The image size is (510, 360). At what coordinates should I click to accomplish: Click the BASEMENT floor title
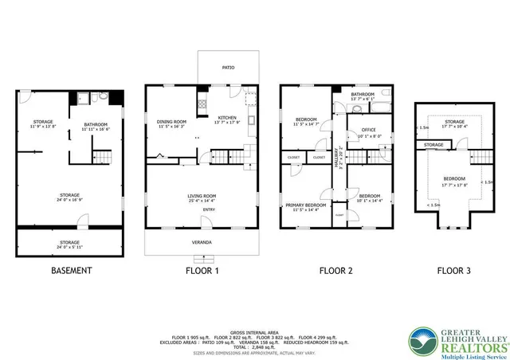click(x=72, y=271)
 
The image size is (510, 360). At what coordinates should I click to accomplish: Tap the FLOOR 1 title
click(x=202, y=271)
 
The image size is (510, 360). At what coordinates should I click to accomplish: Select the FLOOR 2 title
click(x=335, y=271)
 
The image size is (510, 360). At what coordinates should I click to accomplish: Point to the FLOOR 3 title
click(x=453, y=271)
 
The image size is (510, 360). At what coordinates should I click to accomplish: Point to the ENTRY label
click(x=208, y=209)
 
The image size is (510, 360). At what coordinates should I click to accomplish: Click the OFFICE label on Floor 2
click(x=368, y=130)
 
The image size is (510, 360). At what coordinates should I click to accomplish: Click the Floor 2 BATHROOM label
click(x=362, y=94)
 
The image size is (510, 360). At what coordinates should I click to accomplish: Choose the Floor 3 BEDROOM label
click(x=454, y=178)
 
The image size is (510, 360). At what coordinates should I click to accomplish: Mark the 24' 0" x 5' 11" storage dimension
click(x=69, y=247)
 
